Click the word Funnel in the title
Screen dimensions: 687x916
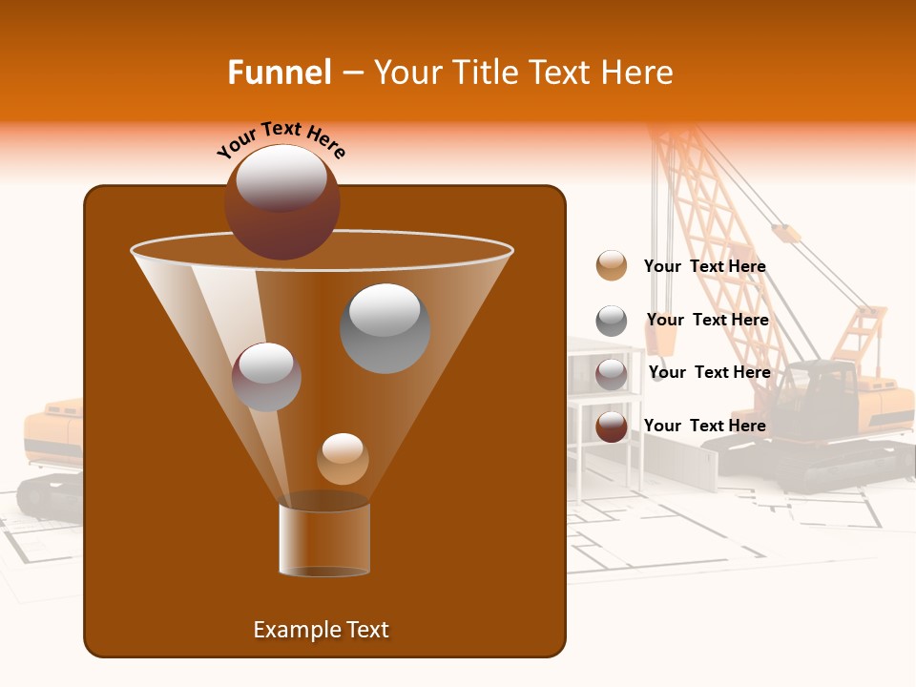pos(279,73)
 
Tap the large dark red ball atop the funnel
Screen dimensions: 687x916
pos(281,202)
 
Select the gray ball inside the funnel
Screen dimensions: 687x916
pos(385,328)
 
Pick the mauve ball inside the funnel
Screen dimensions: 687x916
pos(266,377)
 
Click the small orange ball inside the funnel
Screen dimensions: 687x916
pos(343,459)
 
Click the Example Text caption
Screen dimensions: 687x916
pos(321,630)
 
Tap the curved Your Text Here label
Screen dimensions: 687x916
pos(281,139)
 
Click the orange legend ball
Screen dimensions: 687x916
pos(611,266)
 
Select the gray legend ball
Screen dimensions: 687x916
pos(611,321)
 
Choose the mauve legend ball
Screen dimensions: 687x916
pos(611,374)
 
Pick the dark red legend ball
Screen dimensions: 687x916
pos(611,427)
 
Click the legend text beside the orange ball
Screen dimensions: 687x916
pos(704,267)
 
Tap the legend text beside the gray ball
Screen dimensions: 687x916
pos(707,320)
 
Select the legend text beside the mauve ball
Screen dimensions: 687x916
pos(709,372)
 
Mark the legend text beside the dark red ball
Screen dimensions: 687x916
pos(704,426)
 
